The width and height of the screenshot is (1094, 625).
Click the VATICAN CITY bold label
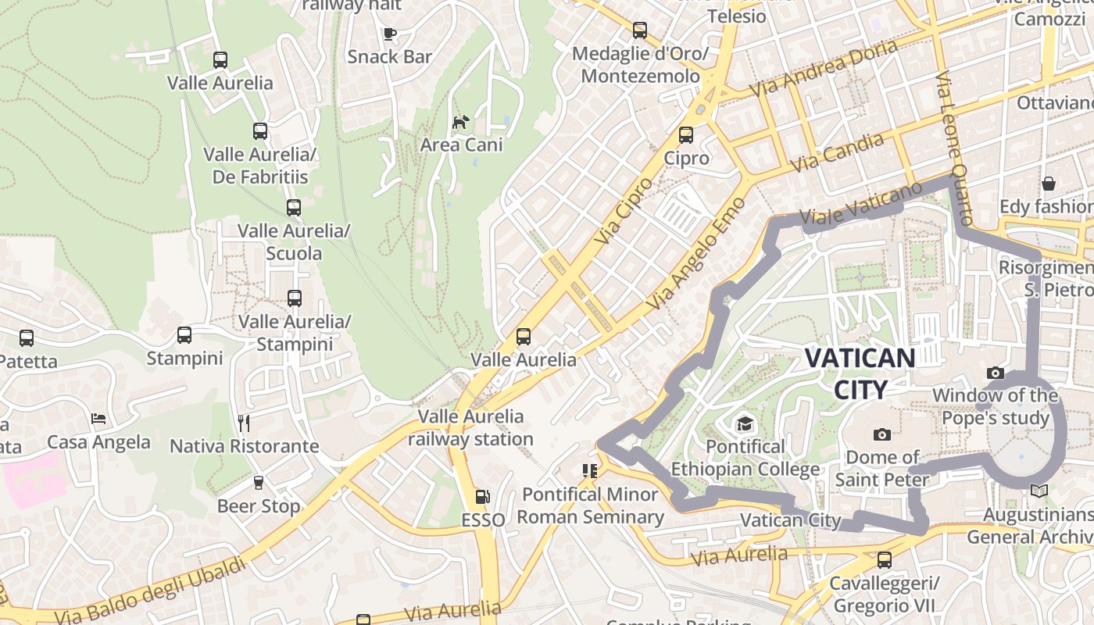pyautogui.click(x=860, y=373)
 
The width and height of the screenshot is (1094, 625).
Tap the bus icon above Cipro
pyautogui.click(x=686, y=135)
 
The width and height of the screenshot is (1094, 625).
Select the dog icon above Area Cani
pyautogui.click(x=461, y=123)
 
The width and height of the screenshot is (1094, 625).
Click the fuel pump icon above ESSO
pyautogui.click(x=483, y=497)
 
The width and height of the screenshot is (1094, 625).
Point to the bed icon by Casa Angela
pyautogui.click(x=98, y=420)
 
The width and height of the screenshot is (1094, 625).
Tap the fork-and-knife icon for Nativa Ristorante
pyautogui.click(x=244, y=423)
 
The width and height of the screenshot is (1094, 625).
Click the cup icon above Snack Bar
pyautogui.click(x=389, y=34)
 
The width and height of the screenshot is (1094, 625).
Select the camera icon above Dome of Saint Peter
pyautogui.click(x=882, y=434)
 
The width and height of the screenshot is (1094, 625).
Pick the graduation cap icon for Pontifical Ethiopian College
pyautogui.click(x=744, y=424)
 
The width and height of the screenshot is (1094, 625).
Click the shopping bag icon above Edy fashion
pyautogui.click(x=1048, y=184)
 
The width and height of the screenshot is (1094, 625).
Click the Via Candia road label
pyautogui.click(x=837, y=152)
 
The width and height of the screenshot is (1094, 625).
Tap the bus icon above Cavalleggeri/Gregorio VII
pyautogui.click(x=884, y=560)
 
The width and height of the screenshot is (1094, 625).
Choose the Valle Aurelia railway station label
pyautogui.click(x=470, y=427)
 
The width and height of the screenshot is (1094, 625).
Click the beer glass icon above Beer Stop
pyautogui.click(x=259, y=483)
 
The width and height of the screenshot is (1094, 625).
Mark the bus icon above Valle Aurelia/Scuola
pyautogui.click(x=294, y=208)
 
